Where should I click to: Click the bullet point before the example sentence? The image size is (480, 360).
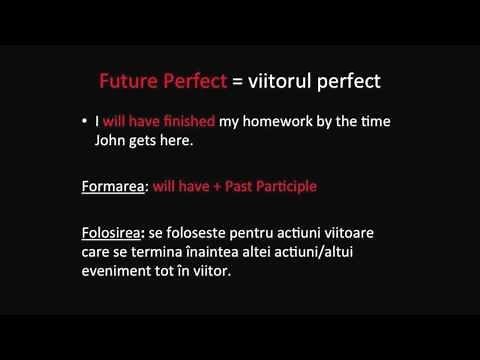pos(85,122)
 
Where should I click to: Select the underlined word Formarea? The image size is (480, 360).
pos(113,186)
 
